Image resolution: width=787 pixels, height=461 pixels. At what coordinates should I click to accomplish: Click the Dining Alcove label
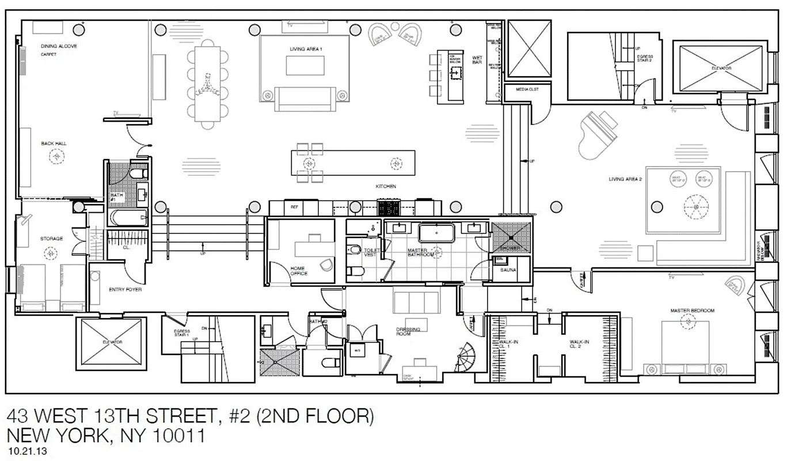point(59,46)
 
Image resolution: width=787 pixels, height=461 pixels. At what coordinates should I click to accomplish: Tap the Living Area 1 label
point(305,50)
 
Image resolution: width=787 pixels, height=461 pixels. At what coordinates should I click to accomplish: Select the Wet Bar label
point(477,60)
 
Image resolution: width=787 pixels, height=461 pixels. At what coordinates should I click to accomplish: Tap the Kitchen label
point(386,186)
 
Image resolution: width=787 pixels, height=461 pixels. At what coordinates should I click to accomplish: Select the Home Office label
point(298,271)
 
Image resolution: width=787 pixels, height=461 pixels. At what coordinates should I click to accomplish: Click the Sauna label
point(508,270)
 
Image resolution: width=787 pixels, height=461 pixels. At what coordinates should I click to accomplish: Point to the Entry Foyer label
point(125,289)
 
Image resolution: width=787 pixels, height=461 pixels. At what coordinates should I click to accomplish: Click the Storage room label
point(51,239)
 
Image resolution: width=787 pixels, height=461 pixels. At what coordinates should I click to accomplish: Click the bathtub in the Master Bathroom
point(436,233)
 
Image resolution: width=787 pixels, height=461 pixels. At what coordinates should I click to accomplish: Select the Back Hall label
point(52,143)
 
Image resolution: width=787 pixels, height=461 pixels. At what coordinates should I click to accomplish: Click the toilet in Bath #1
point(136,173)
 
